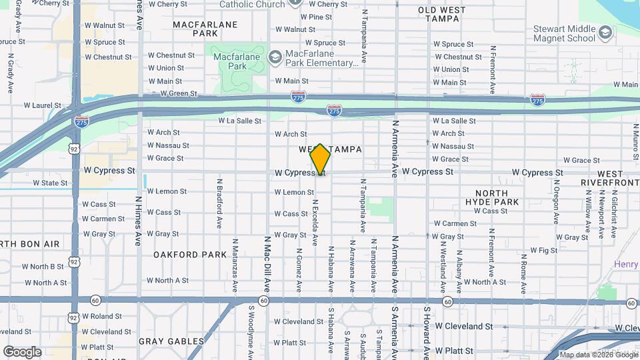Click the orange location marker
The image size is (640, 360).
321,159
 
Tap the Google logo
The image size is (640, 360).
21,351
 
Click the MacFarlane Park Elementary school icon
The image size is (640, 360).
275,57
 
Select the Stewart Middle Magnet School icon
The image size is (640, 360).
605,33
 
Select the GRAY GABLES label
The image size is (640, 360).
171,341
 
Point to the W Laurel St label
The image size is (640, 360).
43,105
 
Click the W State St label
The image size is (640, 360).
41,183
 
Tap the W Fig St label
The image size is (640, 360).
543,250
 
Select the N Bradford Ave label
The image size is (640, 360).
219,203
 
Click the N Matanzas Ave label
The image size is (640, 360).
235,265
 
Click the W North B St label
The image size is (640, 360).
43,266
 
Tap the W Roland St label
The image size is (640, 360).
101,316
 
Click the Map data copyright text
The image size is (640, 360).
598,355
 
